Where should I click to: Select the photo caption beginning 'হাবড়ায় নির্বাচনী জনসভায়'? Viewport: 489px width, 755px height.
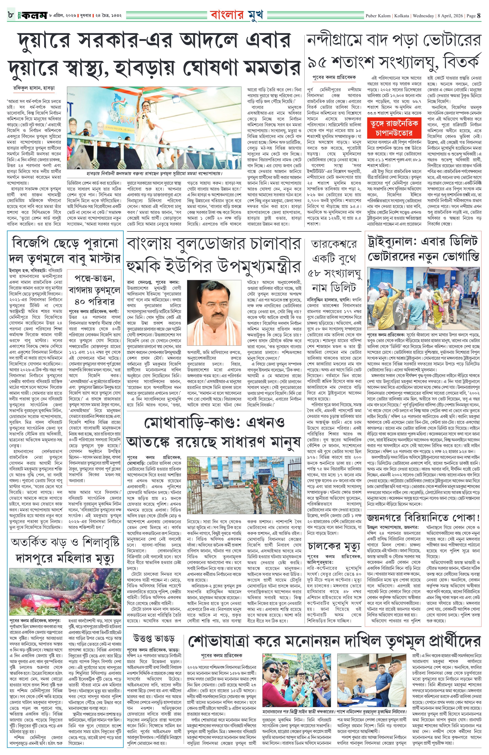pos(154,174)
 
